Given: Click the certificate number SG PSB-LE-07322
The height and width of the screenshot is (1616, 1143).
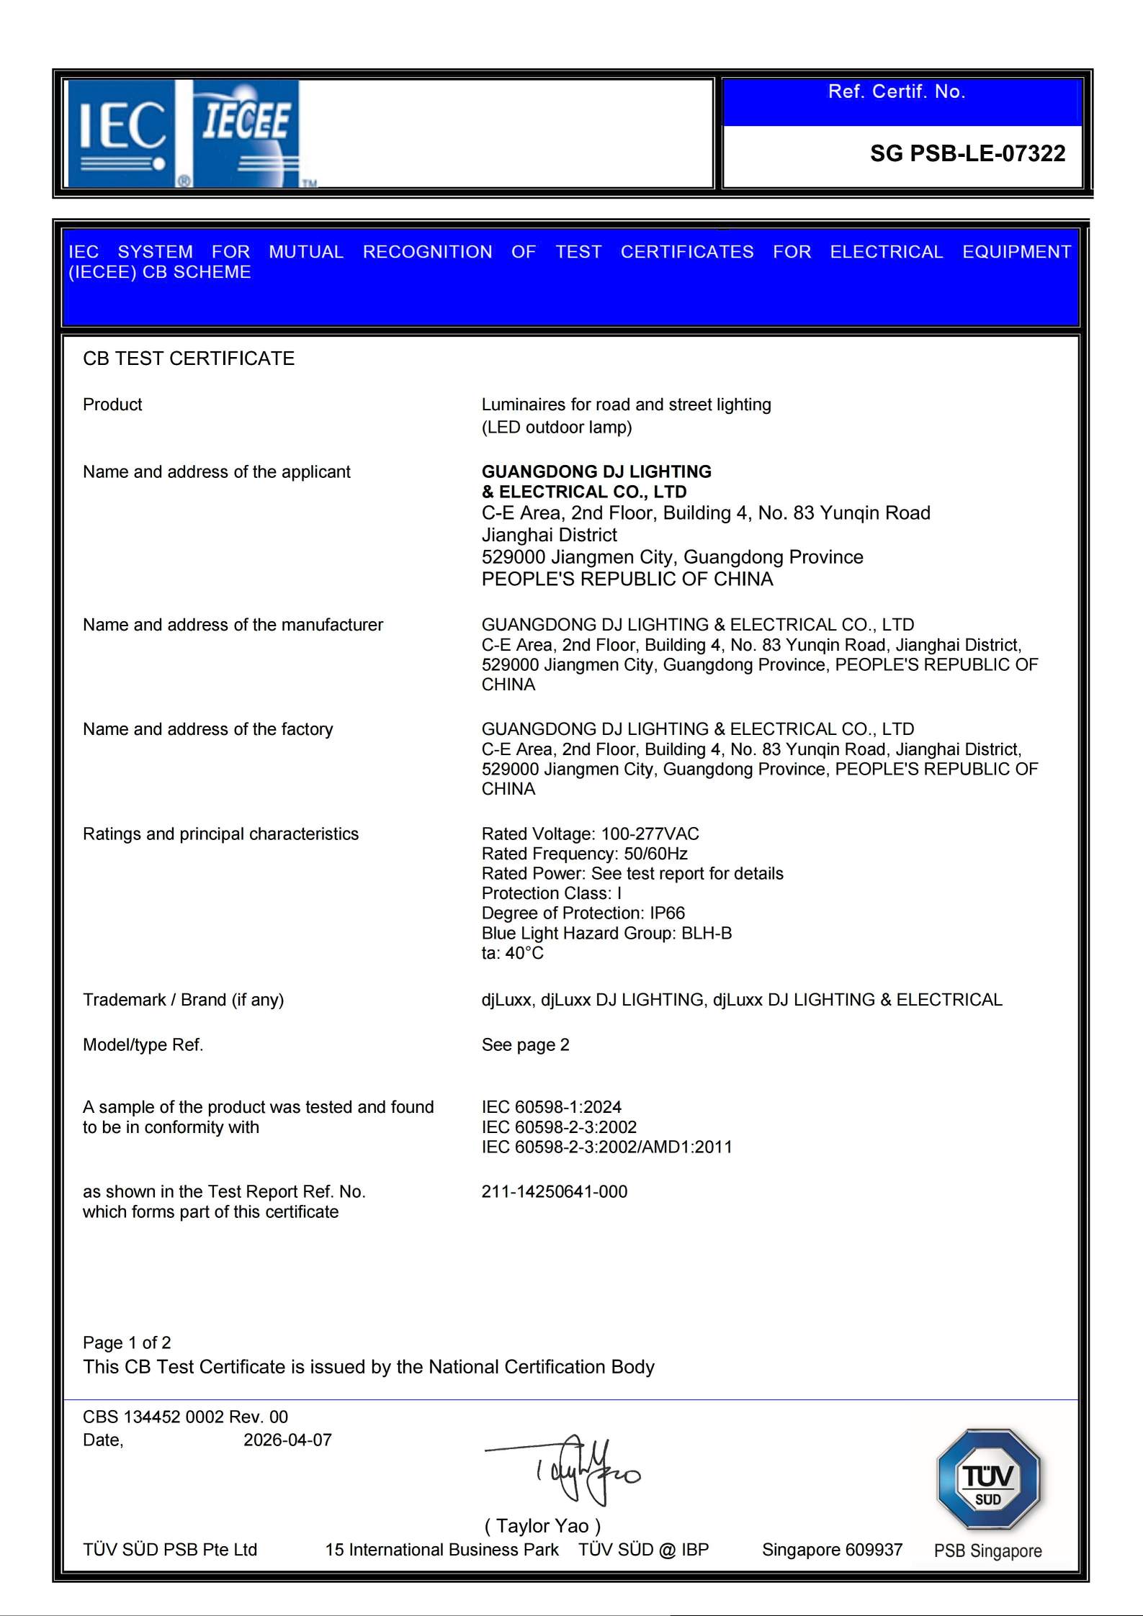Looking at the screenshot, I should [967, 153].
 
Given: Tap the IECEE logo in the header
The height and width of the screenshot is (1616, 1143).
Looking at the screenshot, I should [246, 133].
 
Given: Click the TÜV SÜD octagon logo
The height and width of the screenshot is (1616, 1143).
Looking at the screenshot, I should [988, 1479].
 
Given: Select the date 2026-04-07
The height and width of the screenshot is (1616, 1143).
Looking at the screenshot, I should [287, 1440].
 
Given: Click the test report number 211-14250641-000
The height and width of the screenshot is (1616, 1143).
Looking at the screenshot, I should [554, 1191].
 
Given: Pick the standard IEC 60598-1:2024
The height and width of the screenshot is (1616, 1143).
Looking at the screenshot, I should [551, 1106].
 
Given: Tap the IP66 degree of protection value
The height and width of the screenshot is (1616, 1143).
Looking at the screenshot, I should [666, 913].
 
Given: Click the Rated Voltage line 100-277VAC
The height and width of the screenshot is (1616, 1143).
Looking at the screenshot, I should [590, 834].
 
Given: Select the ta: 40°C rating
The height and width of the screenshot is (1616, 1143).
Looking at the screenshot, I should [512, 953].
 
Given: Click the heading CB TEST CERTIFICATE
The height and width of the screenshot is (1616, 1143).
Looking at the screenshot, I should [189, 358].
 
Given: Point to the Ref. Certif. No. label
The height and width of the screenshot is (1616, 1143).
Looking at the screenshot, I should [896, 91].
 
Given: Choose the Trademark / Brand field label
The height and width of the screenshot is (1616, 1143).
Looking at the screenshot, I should [183, 1000].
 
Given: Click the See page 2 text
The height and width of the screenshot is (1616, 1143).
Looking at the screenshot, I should [525, 1044].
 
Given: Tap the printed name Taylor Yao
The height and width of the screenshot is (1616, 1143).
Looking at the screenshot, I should [542, 1525].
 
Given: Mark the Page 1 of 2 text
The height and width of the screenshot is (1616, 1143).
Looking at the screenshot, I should [127, 1342].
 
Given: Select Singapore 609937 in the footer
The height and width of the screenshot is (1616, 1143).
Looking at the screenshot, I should [832, 1550].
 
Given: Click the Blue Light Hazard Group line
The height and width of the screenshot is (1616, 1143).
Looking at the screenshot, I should [606, 933].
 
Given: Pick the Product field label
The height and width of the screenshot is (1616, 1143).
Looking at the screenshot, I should [112, 405].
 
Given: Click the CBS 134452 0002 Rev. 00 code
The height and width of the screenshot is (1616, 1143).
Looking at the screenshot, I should [185, 1417].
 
